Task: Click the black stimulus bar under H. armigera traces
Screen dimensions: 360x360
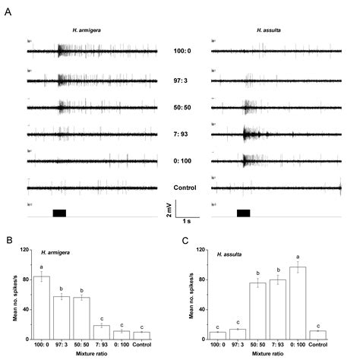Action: click(x=59, y=213)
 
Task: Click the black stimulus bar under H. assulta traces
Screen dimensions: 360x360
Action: click(x=244, y=213)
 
